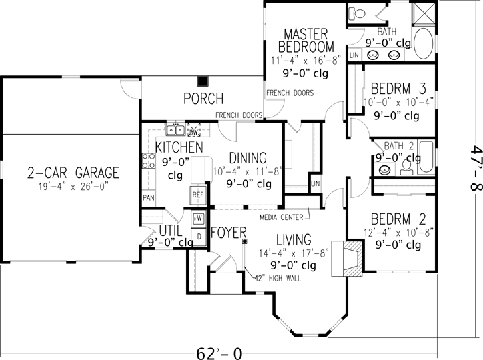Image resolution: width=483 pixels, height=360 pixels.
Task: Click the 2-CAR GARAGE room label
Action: (73, 173)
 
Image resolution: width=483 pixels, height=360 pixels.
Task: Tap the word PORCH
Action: (203, 99)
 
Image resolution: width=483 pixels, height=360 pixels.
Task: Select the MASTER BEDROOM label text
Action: (306, 40)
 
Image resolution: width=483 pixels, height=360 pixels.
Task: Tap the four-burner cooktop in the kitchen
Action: (148, 161)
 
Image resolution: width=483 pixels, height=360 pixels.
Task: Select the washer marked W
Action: (198, 218)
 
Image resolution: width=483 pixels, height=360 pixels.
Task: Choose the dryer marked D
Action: (198, 235)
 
